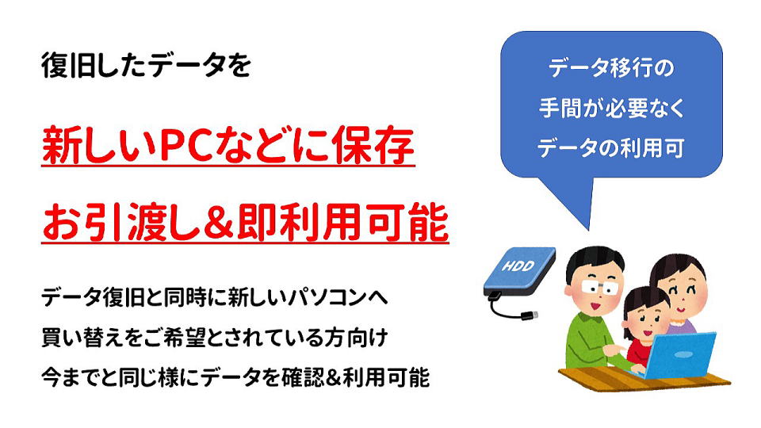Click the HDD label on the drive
tap(518, 266)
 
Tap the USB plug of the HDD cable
tap(530, 315)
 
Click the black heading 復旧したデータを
tap(146, 65)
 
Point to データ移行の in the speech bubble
tap(611, 67)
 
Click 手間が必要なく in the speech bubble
tap(611, 108)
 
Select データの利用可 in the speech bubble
tap(611, 147)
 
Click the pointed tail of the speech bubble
tap(589, 229)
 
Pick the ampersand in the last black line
tap(333, 377)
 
